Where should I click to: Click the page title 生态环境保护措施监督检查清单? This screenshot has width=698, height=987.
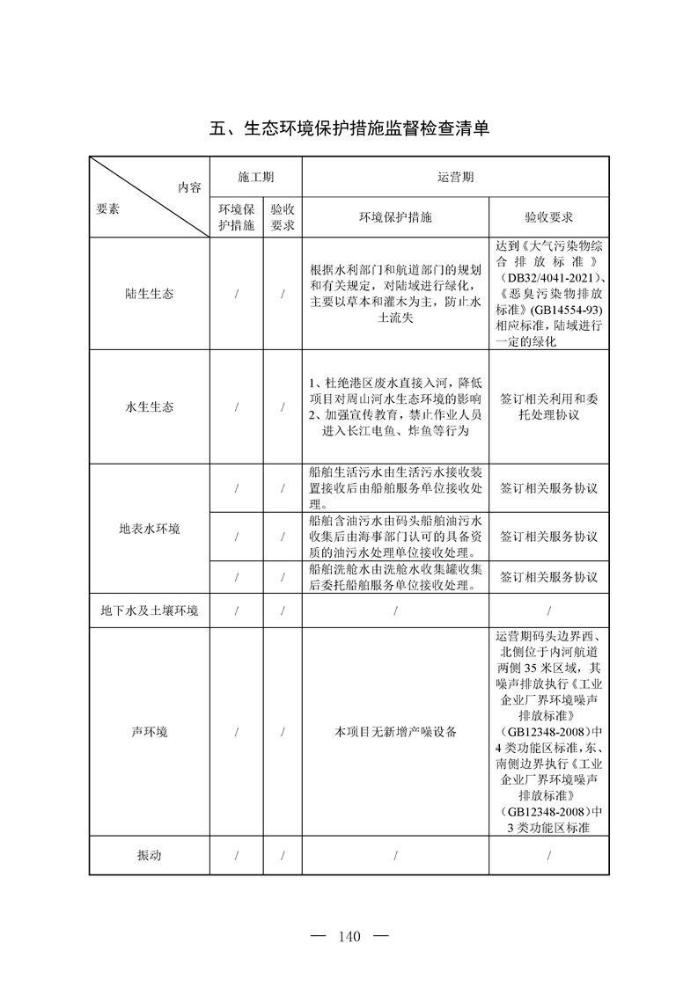349,128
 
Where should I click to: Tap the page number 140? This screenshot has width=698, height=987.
349,936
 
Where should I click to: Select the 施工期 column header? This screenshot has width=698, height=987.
256,177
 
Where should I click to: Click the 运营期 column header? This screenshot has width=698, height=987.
456,177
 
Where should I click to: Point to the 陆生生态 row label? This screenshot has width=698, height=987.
149,294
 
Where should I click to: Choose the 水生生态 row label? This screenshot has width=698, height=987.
149,407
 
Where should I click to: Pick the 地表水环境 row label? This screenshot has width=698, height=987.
149,529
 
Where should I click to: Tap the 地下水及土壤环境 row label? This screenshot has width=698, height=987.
149,611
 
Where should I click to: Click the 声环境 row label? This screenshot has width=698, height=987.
149,732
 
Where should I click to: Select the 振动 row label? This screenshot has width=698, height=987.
149,855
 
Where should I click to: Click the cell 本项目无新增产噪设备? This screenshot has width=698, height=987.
395,732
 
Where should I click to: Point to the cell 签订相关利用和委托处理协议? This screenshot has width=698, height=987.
548,407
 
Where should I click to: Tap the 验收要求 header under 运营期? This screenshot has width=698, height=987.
548,217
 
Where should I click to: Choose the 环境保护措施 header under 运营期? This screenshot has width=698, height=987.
395,217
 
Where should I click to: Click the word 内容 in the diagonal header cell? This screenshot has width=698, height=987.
188,187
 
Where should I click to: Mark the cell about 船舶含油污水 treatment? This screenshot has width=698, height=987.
395,536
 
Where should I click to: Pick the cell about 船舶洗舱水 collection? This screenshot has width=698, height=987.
395,577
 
